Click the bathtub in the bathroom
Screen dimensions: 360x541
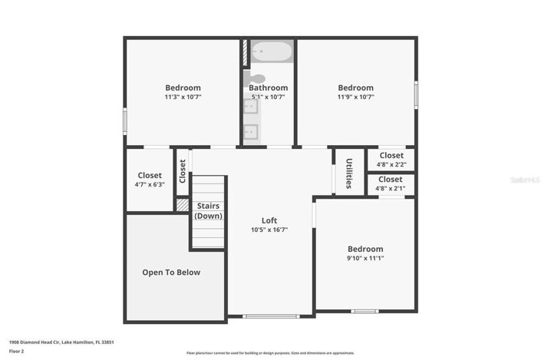click(272, 51)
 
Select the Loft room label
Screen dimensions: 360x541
click(269, 220)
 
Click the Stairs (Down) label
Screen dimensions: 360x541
click(208, 211)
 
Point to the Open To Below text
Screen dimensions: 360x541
click(171, 272)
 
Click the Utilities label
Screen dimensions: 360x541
click(349, 173)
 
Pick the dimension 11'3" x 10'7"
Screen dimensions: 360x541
click(183, 97)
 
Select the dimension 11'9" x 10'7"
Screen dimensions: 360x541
click(355, 97)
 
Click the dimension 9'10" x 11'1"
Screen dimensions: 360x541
click(365, 259)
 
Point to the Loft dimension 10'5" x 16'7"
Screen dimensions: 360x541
click(269, 230)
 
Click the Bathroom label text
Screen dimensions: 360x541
click(268, 88)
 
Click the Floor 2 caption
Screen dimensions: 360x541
click(16, 352)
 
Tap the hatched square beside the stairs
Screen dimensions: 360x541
click(183, 205)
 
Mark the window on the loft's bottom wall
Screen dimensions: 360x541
click(270, 315)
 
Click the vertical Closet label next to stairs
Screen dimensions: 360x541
click(183, 170)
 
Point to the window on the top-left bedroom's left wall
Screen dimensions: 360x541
click(125, 121)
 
